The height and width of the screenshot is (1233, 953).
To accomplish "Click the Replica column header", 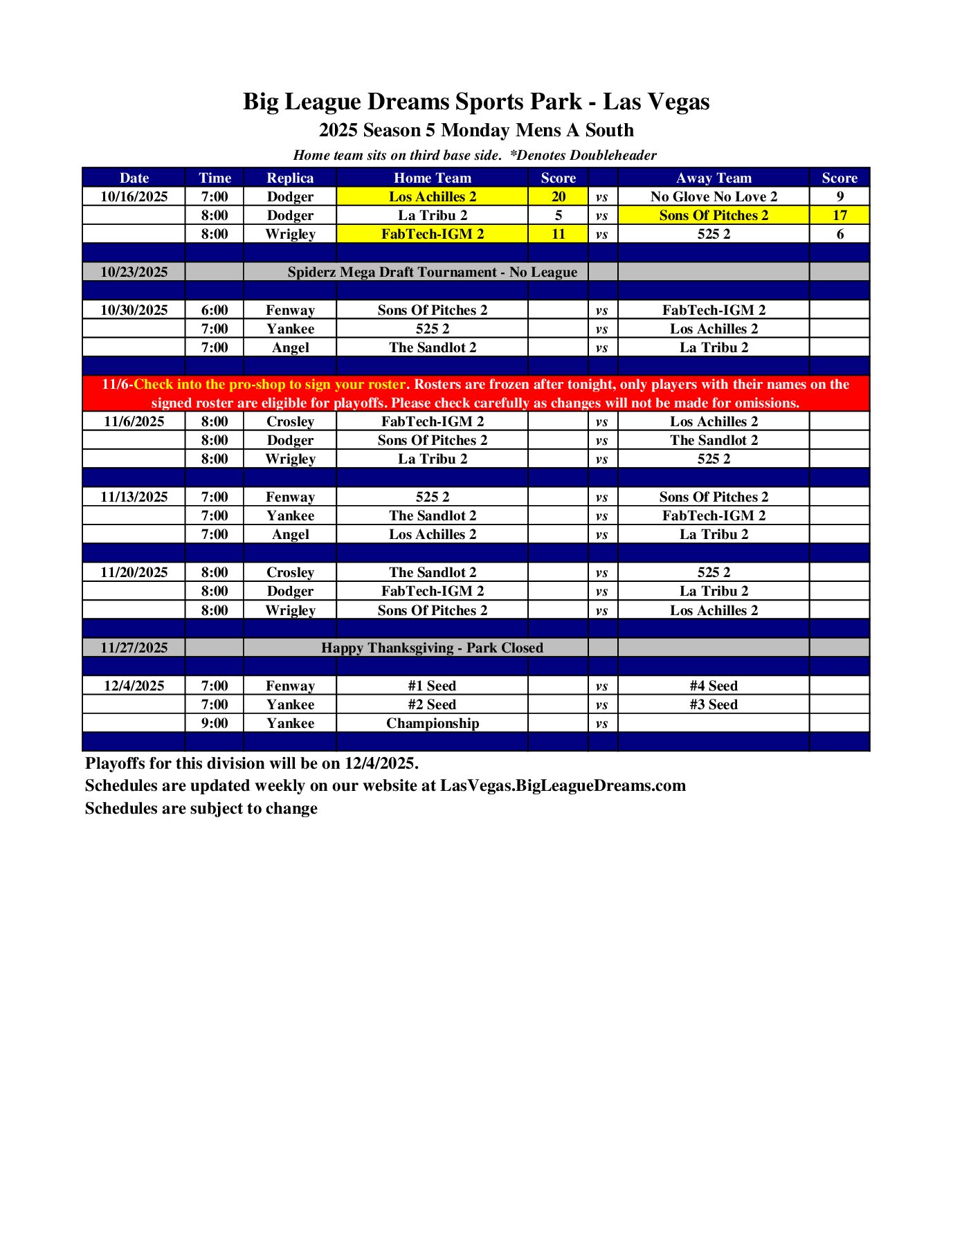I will (x=290, y=178).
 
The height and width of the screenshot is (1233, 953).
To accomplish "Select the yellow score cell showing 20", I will (x=558, y=197).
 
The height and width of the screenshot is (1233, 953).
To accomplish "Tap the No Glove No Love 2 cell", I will (x=714, y=197).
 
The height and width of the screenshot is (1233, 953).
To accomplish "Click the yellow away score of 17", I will (x=839, y=215).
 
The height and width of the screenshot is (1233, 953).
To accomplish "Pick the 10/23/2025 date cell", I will (x=134, y=272).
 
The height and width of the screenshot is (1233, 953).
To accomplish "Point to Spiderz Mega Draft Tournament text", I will (x=432, y=272).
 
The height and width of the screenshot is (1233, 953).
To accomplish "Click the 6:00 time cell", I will (x=215, y=310).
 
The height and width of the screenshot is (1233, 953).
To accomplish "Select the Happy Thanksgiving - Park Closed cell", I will (x=432, y=648).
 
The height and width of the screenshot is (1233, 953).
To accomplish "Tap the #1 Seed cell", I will (x=432, y=686).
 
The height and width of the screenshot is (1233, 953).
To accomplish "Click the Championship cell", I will (x=432, y=723).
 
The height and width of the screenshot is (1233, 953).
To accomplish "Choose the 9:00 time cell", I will (x=215, y=723).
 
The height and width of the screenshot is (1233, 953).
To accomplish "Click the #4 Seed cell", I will (x=714, y=686).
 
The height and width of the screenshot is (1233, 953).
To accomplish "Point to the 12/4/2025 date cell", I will (x=134, y=686).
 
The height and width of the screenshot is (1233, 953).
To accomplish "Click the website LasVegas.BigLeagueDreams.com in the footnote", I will (x=563, y=786).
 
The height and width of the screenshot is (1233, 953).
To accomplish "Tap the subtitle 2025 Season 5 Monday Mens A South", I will (x=475, y=130).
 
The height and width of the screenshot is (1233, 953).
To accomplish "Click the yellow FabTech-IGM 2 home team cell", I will (x=432, y=234).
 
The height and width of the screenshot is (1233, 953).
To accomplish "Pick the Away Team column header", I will (x=714, y=178).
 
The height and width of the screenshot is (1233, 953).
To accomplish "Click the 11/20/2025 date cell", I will (x=134, y=572).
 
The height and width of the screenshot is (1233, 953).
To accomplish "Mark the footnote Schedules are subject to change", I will (x=201, y=808).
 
